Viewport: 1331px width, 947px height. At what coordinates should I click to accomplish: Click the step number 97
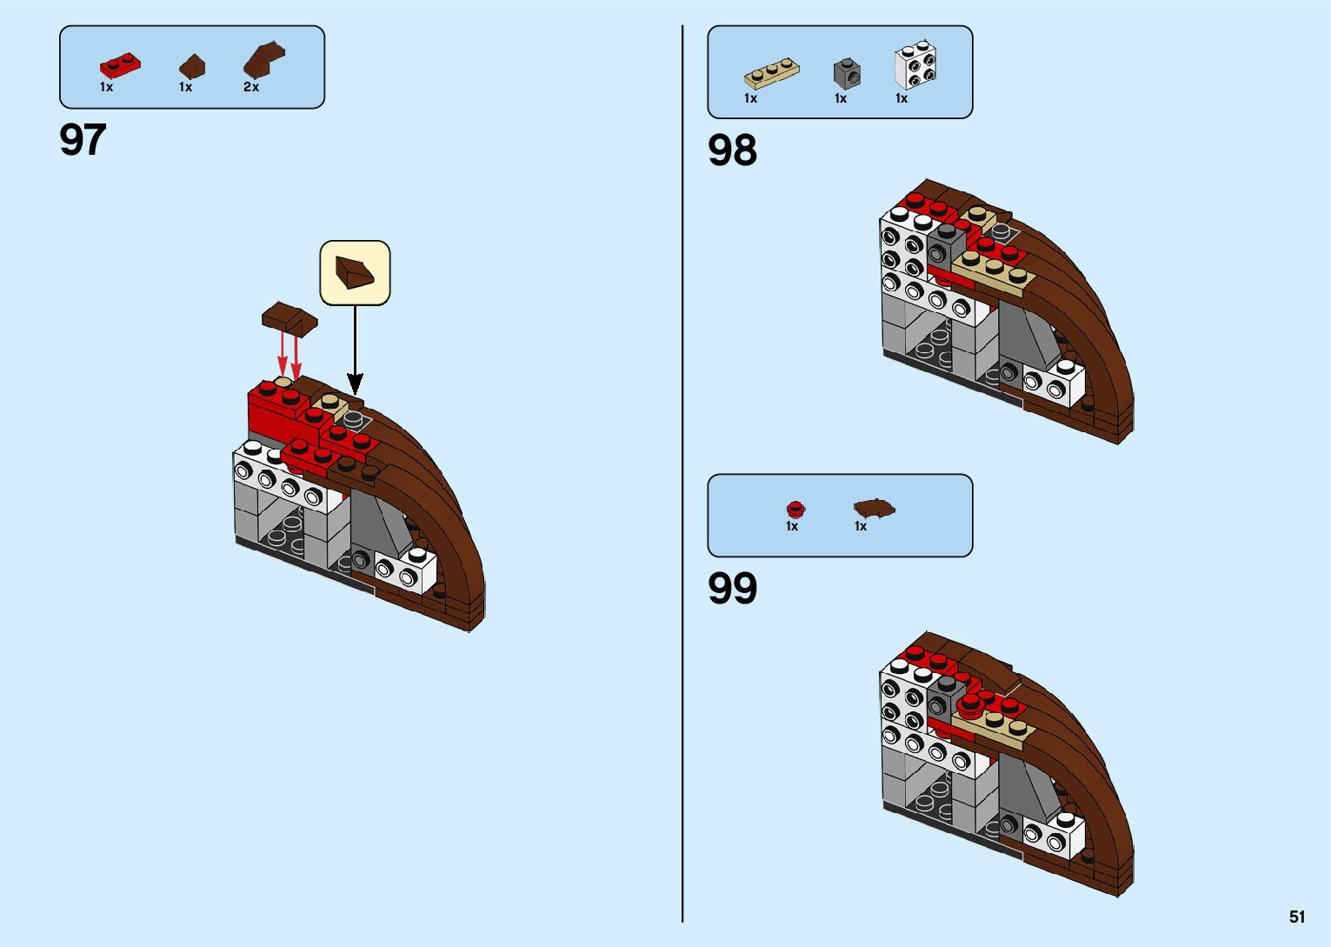[x=83, y=140]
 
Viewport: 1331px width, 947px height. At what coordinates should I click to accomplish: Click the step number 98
[x=732, y=150]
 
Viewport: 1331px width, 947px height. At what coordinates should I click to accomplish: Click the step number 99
[x=732, y=589]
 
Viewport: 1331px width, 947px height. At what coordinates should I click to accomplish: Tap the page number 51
[x=1297, y=917]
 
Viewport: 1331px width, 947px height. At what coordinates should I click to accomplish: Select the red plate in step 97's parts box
[x=120, y=66]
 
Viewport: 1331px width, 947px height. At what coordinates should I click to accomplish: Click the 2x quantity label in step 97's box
[x=251, y=87]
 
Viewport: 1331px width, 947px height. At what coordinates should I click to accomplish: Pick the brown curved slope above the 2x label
[x=263, y=60]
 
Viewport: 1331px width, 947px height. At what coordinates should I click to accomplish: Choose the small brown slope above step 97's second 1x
[x=192, y=66]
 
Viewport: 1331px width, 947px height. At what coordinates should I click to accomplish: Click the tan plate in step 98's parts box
[x=771, y=74]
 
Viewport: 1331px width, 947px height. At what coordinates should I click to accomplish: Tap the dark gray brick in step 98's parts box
[x=847, y=74]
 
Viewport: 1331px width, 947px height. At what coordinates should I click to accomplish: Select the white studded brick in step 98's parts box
[x=915, y=66]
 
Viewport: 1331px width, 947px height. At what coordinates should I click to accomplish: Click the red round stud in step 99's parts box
[x=794, y=510]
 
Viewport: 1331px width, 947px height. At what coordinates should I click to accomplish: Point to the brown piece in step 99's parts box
[x=874, y=508]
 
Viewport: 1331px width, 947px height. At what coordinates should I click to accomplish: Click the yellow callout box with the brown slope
[x=355, y=273]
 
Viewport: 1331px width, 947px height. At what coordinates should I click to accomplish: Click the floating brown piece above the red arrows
[x=289, y=318]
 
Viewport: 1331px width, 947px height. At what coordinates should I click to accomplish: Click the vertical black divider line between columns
[x=682, y=473]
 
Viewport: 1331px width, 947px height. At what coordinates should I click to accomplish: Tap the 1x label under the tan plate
[x=750, y=98]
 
